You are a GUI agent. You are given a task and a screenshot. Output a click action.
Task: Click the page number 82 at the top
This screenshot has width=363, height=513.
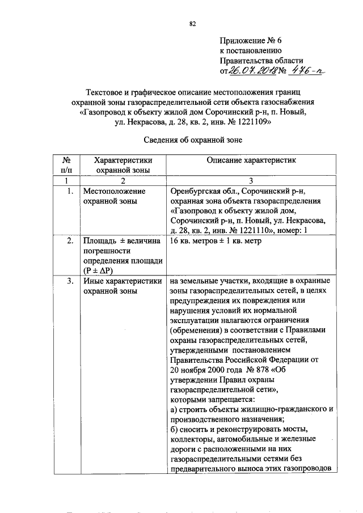[x=192, y=23]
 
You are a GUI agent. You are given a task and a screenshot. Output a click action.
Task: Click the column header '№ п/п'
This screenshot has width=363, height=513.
[x=66, y=165]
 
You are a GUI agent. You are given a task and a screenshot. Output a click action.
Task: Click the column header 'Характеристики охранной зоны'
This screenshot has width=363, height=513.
[x=123, y=165]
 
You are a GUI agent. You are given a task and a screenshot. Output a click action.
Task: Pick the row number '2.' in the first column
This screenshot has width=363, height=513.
[x=70, y=241]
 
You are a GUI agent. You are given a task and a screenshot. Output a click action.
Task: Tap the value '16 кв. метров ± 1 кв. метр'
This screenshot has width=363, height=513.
[x=216, y=241]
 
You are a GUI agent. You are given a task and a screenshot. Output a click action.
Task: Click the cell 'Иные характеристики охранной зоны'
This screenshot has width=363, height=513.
[x=123, y=286]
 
